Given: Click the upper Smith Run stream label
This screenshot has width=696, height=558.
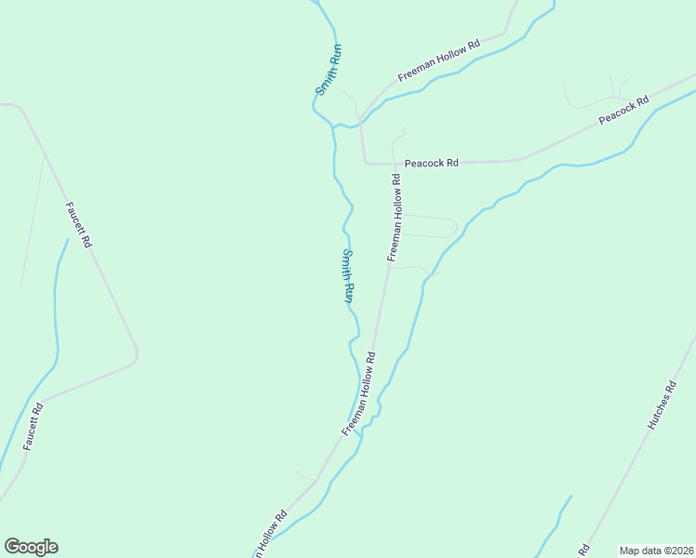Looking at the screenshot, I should pos(328,71).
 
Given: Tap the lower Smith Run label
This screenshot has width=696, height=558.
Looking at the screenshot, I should pos(347,276).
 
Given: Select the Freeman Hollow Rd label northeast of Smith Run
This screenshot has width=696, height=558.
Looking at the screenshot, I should pos(438,60).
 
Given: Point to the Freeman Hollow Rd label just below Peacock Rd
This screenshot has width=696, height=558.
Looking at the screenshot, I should pos(395,216).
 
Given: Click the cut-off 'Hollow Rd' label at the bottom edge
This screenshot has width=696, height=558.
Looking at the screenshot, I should pos(268,535).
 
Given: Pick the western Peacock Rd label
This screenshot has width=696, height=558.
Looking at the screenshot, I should pos(431,163).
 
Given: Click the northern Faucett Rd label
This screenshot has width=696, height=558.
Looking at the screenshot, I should pos(79,224).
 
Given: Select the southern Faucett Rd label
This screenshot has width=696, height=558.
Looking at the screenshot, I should pos(33,427).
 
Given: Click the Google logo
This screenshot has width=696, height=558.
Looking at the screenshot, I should pos(31,547).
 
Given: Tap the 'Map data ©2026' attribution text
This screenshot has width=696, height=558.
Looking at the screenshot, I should pos(656,551).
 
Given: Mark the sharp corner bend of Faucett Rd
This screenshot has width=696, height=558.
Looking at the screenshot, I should pos(136,353).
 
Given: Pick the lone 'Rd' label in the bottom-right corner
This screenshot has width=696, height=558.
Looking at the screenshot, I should pos(583,550).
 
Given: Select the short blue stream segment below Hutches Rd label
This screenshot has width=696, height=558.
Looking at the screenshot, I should pos(556,523).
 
